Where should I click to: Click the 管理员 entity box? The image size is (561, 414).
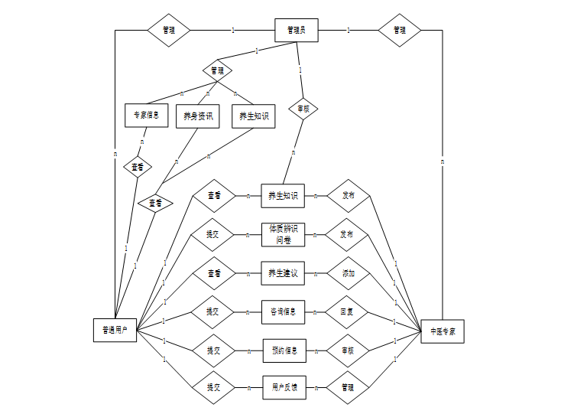(x=296, y=30)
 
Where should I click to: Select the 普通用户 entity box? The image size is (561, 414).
(x=115, y=330)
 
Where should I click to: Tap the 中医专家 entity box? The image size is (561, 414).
(x=443, y=330)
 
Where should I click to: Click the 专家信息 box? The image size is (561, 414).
(x=146, y=116)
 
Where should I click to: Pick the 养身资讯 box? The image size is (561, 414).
(x=198, y=116)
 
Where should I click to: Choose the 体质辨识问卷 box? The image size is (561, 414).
(x=283, y=234)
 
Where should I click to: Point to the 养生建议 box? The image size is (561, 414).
(x=283, y=273)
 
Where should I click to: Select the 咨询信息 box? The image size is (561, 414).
(x=283, y=311)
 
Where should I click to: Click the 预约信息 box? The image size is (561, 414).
(x=284, y=350)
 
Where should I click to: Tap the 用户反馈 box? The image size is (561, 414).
(x=284, y=388)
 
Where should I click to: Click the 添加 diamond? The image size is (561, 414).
(x=348, y=273)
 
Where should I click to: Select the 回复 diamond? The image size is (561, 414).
(x=348, y=311)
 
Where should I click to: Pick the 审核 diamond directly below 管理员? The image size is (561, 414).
(x=303, y=109)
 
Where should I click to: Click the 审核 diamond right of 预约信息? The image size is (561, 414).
(x=348, y=350)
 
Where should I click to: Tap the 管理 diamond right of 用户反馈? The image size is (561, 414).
(x=348, y=388)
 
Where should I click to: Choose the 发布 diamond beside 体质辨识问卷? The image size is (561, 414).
(x=348, y=234)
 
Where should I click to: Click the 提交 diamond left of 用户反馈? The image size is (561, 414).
(x=213, y=388)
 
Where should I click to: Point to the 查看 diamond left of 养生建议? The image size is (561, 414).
(x=213, y=273)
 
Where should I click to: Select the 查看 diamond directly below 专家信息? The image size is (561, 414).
(x=138, y=166)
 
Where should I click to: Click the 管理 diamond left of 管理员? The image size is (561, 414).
(x=168, y=30)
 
